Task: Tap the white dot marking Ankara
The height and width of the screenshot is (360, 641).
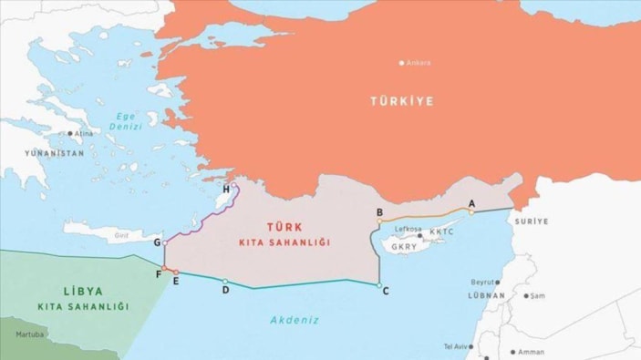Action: pos(401,63)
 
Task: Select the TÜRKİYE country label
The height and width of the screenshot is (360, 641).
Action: pos(401,100)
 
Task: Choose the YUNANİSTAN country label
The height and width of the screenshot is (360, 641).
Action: pos(54,153)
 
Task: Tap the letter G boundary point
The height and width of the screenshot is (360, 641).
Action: pos(158,242)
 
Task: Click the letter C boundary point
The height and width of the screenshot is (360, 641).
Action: pos(386,291)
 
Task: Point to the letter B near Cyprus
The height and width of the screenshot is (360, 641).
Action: pos(379,212)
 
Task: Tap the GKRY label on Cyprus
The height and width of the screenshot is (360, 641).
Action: pos(404,247)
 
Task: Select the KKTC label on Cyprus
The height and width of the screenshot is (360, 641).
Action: pos(440,232)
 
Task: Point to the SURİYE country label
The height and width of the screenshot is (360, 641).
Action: pos(532,221)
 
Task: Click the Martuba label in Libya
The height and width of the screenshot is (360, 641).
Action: pos(29,334)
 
